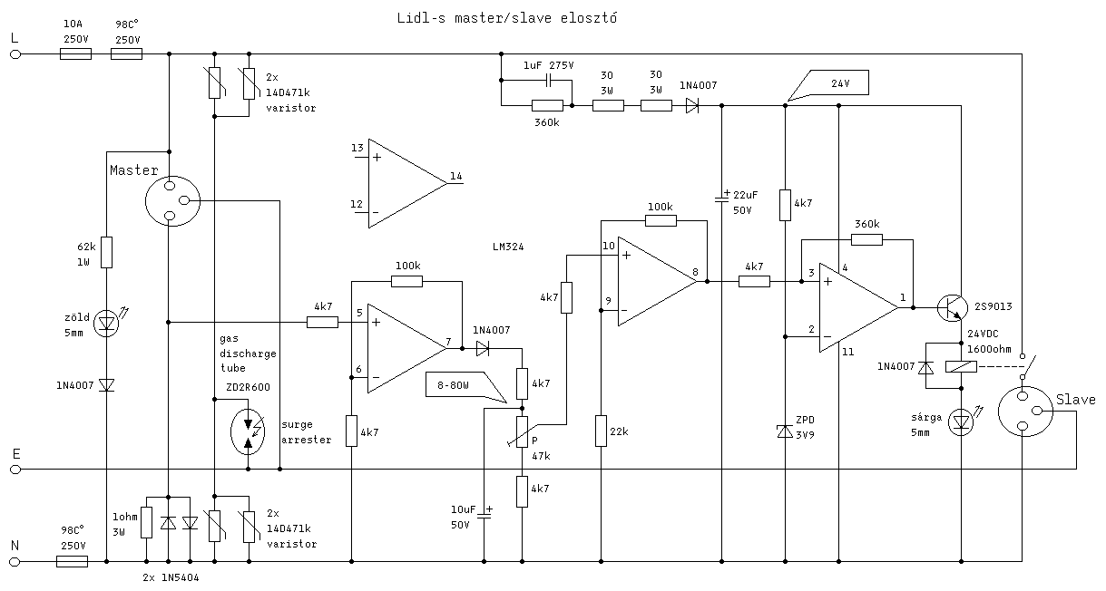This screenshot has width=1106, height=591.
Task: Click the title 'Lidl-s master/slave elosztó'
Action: pos(507,18)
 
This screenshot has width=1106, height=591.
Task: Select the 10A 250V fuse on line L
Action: pos(74,54)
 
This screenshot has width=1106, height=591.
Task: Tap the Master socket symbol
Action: pos(171,199)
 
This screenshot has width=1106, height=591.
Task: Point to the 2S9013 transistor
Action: pos(951,308)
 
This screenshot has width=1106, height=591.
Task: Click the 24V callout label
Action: pos(838,83)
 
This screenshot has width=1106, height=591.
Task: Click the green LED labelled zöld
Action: pos(107,321)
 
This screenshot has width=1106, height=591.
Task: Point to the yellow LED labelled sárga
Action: pos(961,421)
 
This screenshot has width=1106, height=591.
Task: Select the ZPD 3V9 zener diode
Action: pos(785,432)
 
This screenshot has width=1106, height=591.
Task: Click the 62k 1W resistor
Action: pos(107,252)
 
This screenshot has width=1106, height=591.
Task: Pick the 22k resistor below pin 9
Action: pos(601,431)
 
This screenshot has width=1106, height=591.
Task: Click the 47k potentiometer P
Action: pos(523,431)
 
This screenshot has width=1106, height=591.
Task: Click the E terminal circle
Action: pos(15,470)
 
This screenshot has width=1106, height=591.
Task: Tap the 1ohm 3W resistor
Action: pos(146,523)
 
